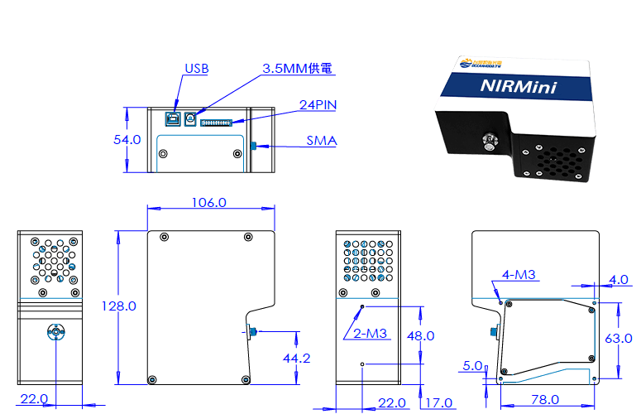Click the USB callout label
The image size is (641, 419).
tap(196, 69)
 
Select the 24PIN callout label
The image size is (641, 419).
tap(317, 106)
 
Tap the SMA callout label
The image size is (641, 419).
tap(321, 141)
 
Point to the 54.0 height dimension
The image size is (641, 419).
tap(127, 140)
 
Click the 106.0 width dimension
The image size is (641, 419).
tap(208, 202)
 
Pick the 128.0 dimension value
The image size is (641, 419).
tap(118, 306)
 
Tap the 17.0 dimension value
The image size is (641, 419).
tap(438, 403)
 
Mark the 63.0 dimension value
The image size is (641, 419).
tap(618, 338)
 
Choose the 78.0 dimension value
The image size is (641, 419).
tap(543, 399)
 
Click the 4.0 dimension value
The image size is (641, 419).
tap(618, 280)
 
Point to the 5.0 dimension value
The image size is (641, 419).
tap(472, 365)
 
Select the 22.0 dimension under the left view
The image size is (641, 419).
tap(33, 399)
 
